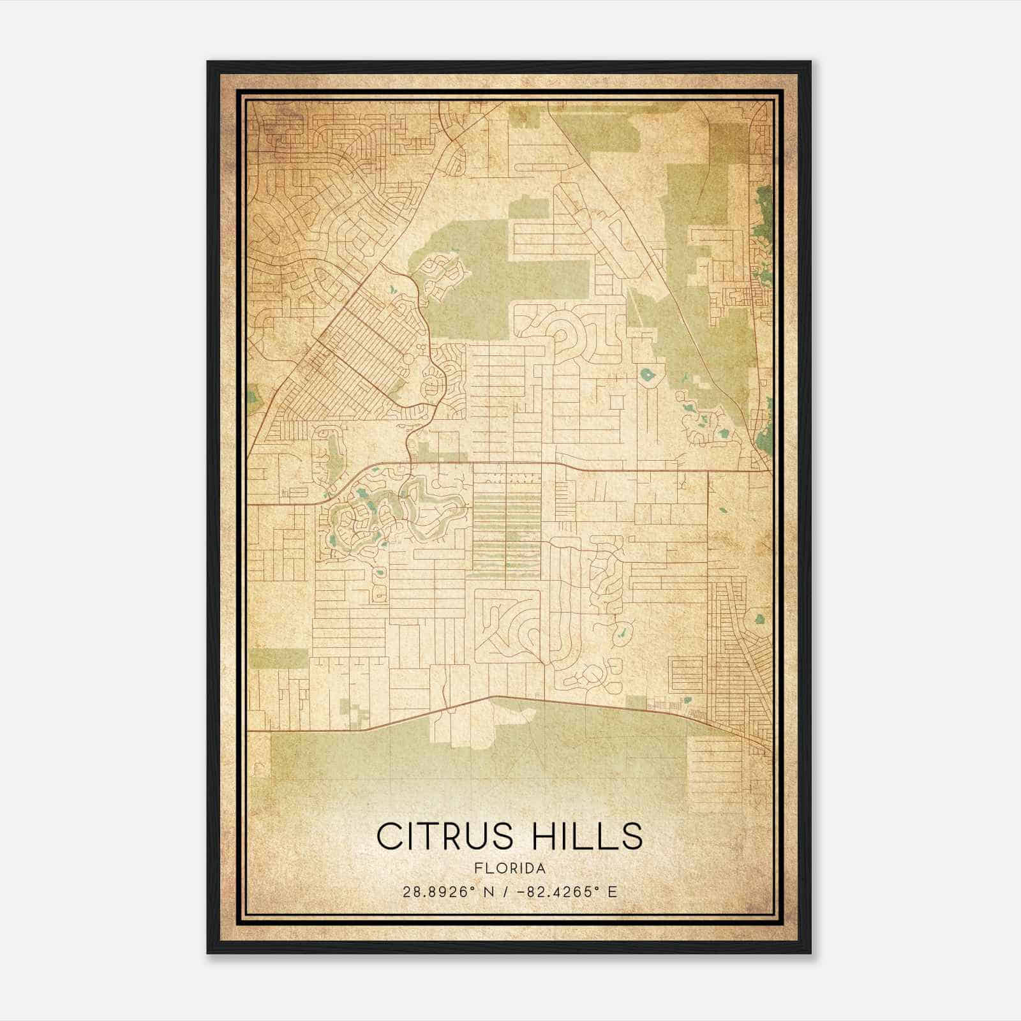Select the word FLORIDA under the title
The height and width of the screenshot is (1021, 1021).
[510, 868]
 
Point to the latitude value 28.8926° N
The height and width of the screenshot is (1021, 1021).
[443, 891]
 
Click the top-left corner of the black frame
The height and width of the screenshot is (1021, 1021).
[208, 62]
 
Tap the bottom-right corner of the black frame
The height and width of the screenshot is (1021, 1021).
[810, 953]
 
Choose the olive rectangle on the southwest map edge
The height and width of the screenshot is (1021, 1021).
[279, 657]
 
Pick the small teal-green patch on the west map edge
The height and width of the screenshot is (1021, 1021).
[253, 399]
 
